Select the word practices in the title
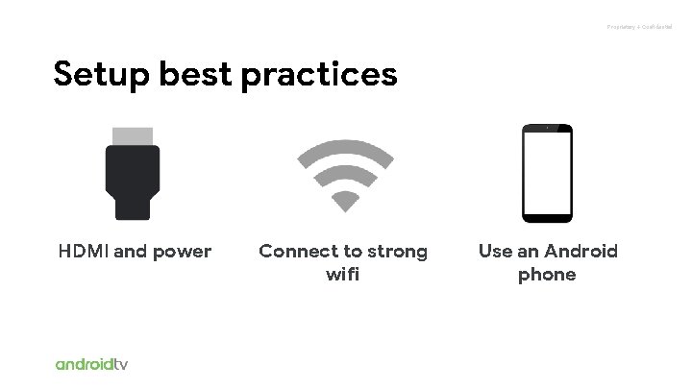coord(326,75)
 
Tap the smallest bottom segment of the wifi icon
coord(344,200)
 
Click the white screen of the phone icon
coord(548,173)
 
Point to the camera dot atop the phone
coord(548,128)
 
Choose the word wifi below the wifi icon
coord(344,276)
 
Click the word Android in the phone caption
coord(581,252)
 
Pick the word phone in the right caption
coord(548,276)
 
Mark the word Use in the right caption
coord(496,252)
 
